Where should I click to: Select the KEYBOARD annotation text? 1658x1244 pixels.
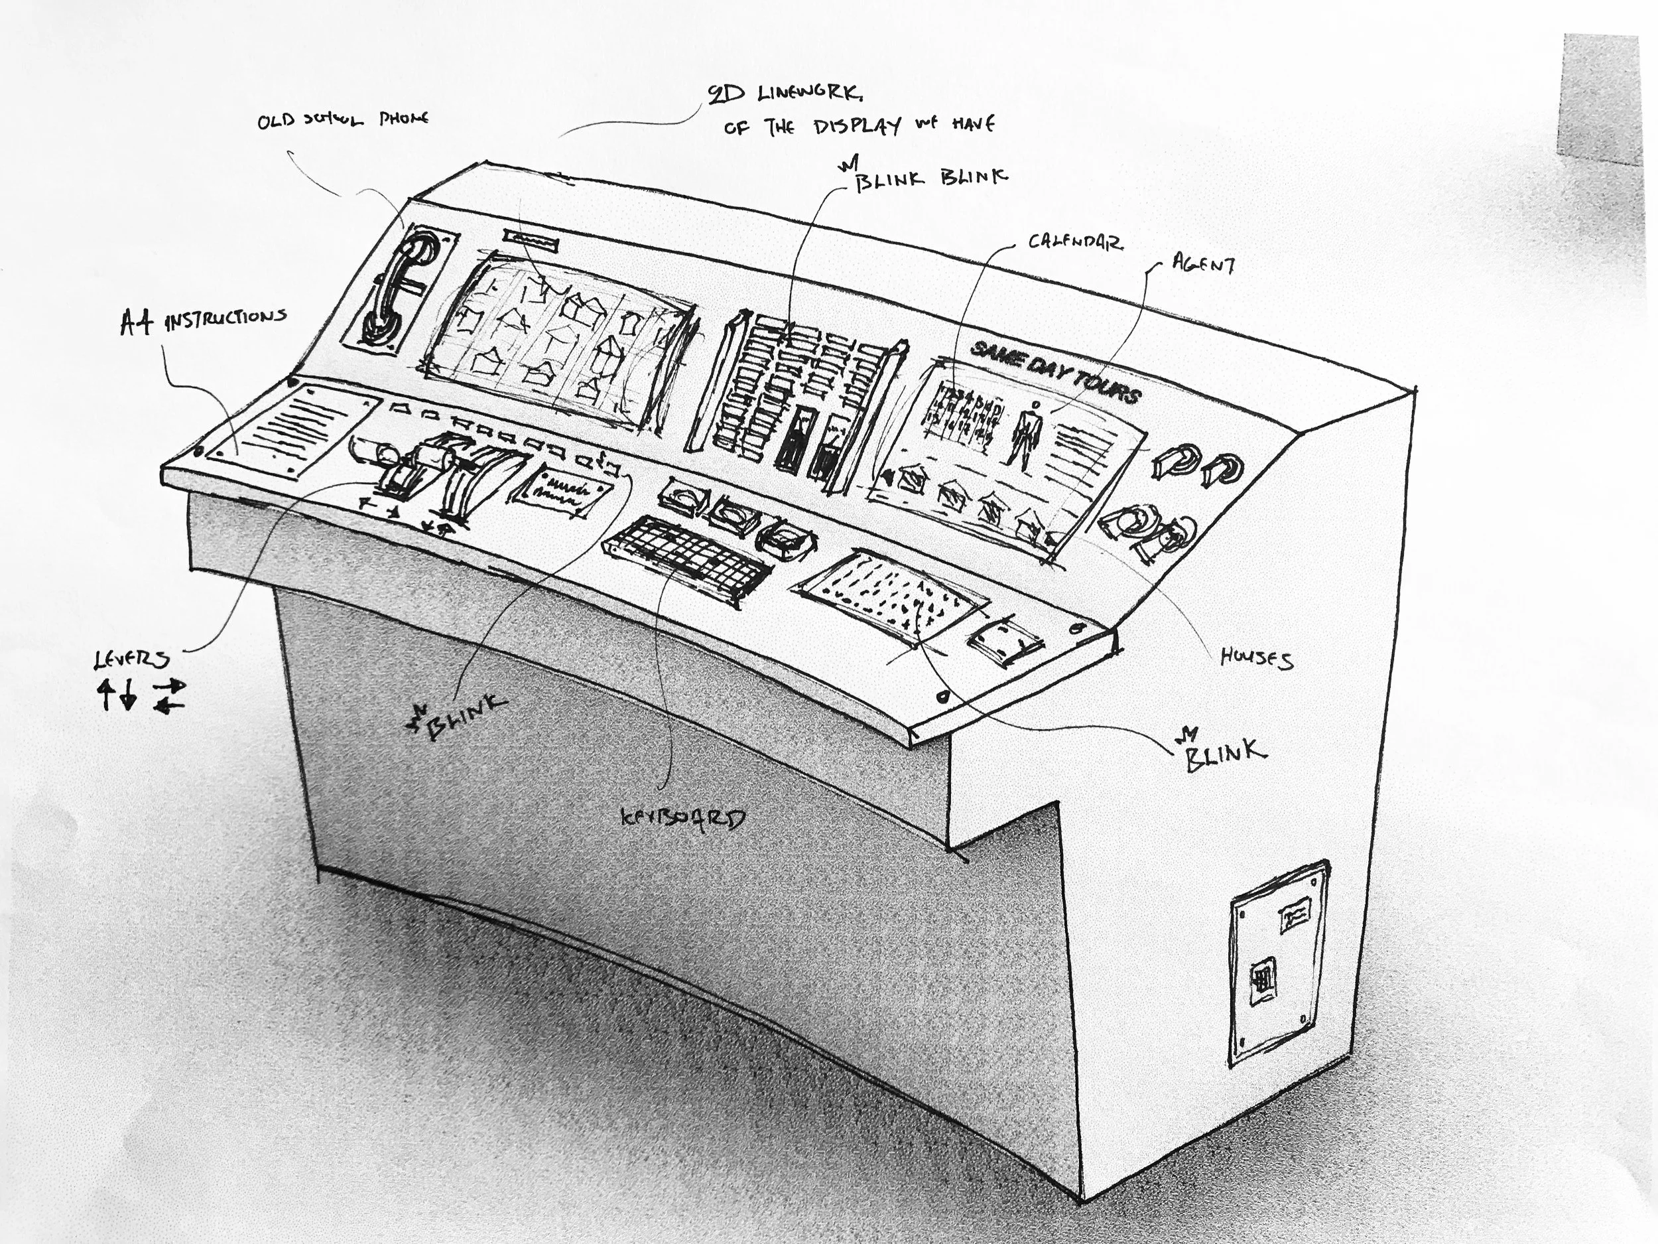click(682, 818)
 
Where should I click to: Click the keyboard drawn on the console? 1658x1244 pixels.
click(686, 555)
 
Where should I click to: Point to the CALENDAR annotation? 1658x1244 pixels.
click(1074, 242)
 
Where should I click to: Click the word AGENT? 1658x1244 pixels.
click(1204, 264)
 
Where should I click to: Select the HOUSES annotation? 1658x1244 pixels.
click(1256, 659)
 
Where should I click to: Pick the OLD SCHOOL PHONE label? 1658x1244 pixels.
click(343, 120)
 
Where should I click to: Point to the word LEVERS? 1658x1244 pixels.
click(132, 660)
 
